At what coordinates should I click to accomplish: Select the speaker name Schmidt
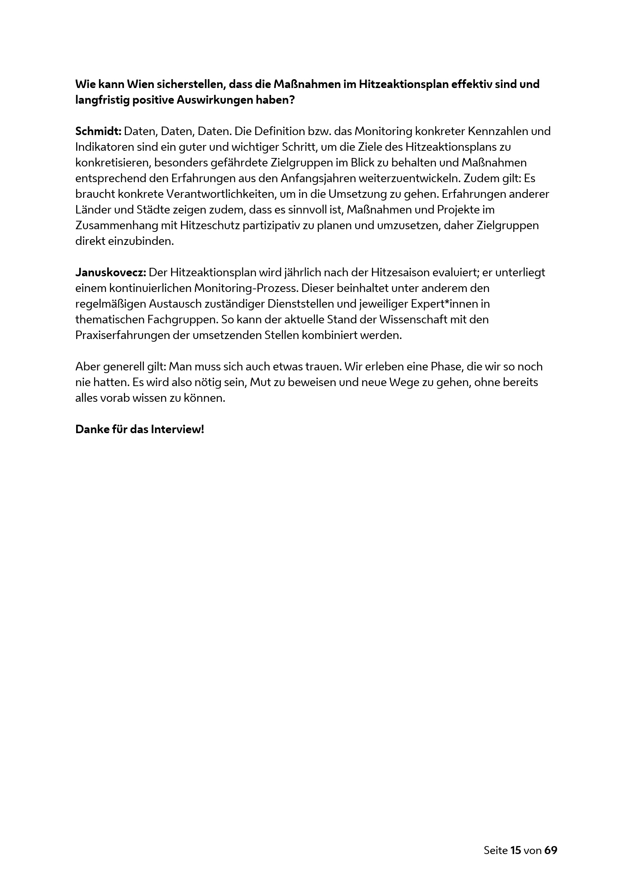click(98, 131)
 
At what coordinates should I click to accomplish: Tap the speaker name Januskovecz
click(110, 272)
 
